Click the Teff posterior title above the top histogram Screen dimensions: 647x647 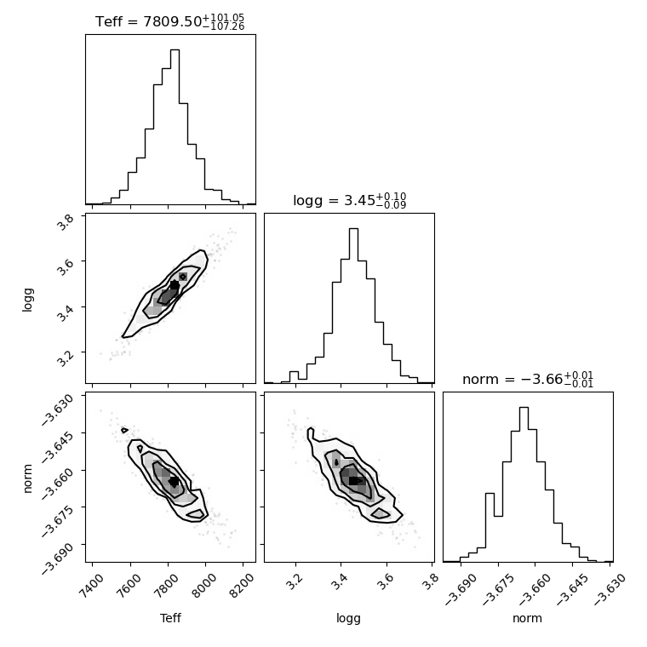169,21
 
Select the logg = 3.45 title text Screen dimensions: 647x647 350,201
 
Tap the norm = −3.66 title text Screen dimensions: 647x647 528,379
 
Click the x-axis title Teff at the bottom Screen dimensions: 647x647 170,618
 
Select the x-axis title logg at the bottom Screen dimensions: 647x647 349,619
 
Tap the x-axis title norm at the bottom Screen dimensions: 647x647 527,618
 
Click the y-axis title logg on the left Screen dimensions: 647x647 27,300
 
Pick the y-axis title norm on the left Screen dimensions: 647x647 27,478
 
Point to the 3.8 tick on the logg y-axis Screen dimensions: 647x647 65,221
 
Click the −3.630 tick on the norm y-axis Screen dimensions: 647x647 57,409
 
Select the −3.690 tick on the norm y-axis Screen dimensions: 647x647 57,558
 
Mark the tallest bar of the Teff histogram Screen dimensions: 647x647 175,127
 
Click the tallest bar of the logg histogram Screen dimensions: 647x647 353,306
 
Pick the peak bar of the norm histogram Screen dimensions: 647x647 524,484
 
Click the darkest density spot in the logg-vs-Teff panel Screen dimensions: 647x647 175,284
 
